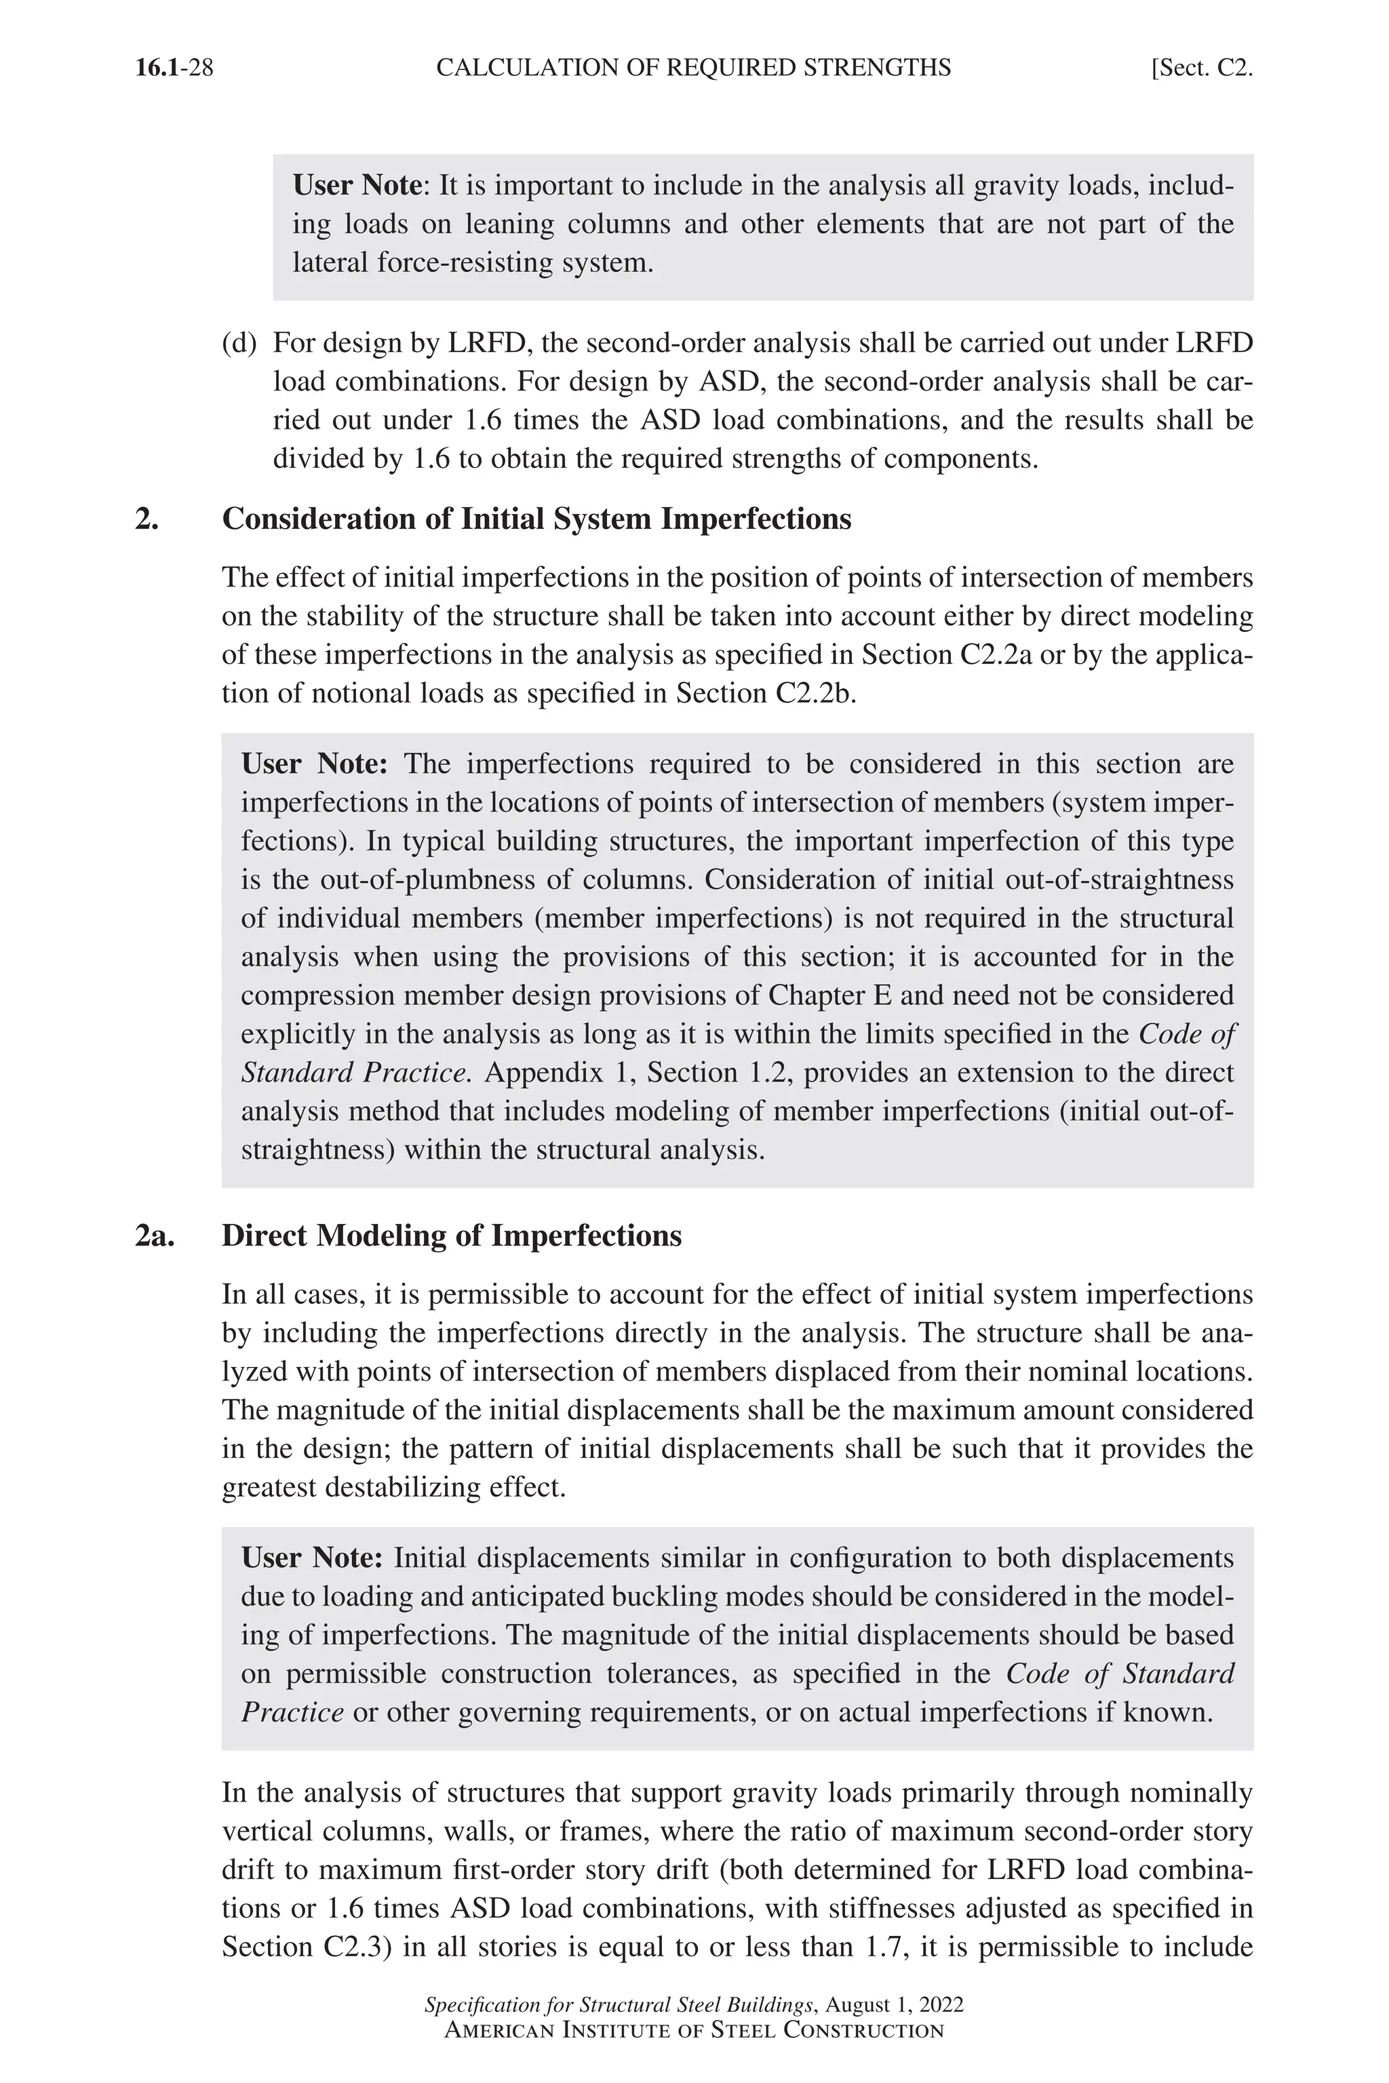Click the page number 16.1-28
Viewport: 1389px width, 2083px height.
(174, 68)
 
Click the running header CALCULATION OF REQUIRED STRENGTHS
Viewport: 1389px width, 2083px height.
(694, 68)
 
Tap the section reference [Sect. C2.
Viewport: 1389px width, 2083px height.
(1200, 68)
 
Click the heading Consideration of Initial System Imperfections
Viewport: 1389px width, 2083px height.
(536, 519)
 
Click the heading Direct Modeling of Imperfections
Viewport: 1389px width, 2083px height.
(451, 1235)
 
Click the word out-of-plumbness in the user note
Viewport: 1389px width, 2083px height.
(445, 880)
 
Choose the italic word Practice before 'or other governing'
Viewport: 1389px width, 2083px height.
(292, 1712)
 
